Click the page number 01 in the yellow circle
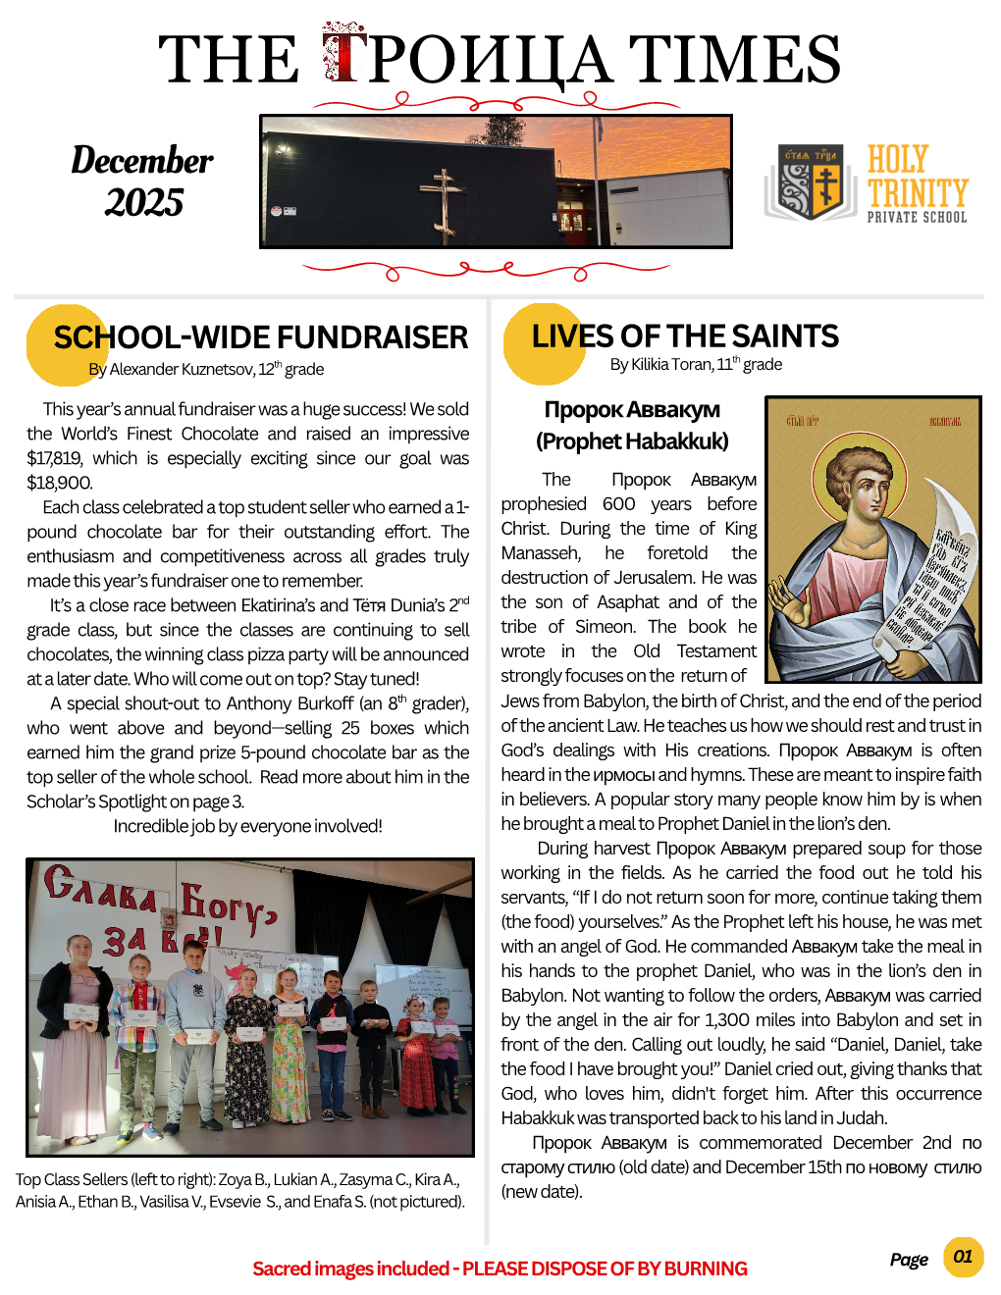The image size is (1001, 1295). point(963,1257)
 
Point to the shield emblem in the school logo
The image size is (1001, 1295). point(812,182)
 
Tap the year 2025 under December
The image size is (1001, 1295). point(143,202)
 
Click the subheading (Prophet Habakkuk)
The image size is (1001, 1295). point(632,441)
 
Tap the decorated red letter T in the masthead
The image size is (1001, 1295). point(343,56)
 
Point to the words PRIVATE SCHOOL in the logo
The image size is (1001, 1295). point(917,217)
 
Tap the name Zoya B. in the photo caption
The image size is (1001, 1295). point(236,1180)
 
